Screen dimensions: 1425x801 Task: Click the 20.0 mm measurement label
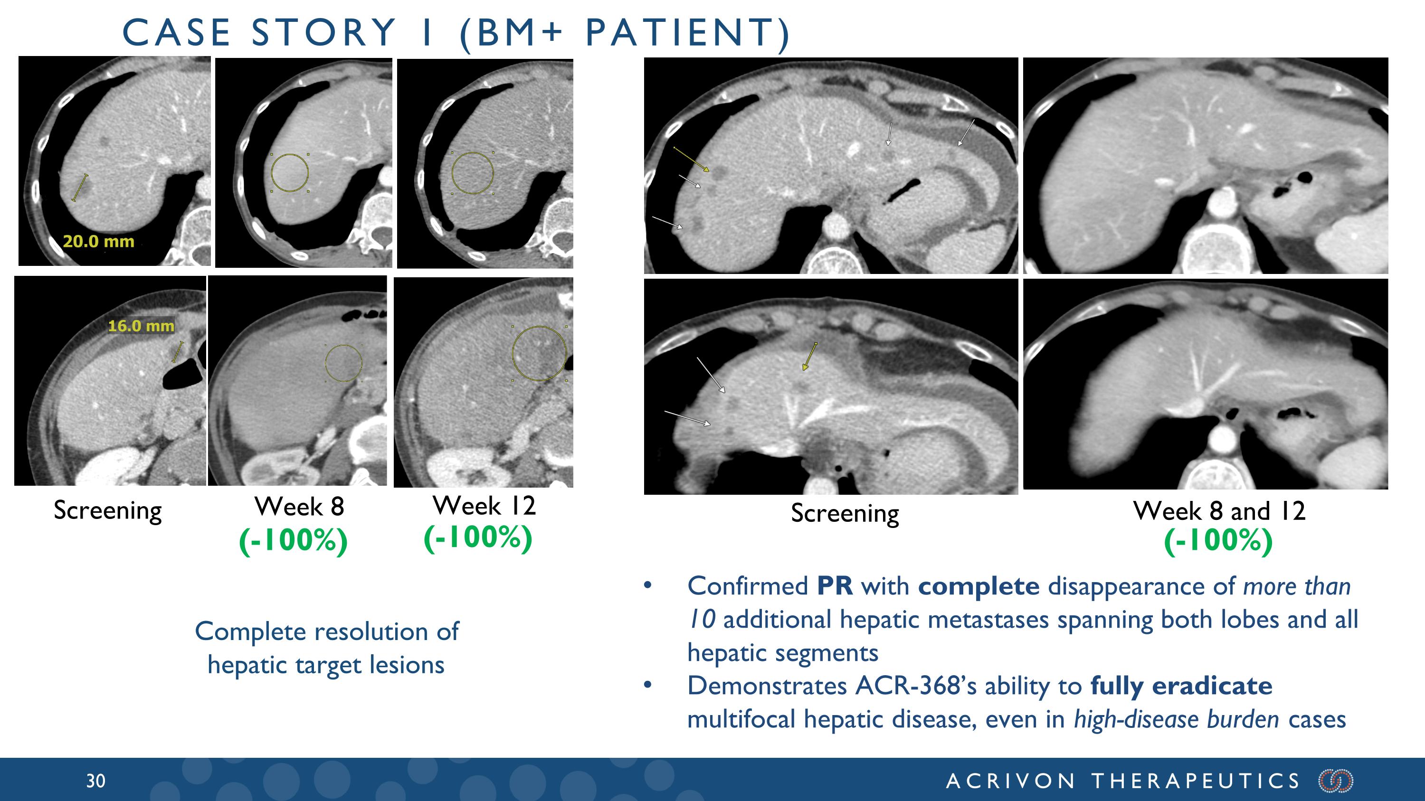click(x=98, y=242)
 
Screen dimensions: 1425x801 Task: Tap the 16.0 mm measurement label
click(x=141, y=326)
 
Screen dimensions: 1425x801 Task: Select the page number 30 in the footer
click(x=95, y=781)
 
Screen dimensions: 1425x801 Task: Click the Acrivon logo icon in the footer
click(x=1335, y=781)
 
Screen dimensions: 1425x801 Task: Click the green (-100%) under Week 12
click(x=478, y=537)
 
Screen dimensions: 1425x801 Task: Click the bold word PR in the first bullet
click(x=835, y=586)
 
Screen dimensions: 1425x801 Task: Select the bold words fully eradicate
click(x=1181, y=687)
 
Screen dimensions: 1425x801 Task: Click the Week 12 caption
click(x=484, y=505)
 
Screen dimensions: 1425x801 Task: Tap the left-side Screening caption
click(x=108, y=511)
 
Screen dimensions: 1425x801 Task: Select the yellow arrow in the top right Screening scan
click(x=692, y=159)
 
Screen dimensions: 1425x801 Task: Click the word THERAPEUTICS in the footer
click(x=1196, y=781)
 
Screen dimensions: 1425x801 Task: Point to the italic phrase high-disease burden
click(x=1177, y=720)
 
